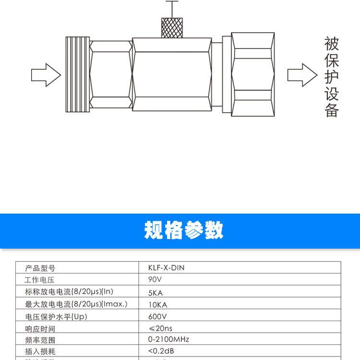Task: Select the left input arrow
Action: tap(46, 75)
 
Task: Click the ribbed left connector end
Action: tap(76, 75)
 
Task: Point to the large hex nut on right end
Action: tap(253, 75)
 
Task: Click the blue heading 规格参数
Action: tap(184, 231)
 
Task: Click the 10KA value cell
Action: tap(157, 304)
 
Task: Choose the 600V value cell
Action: tap(157, 317)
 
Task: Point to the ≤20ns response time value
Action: tap(160, 328)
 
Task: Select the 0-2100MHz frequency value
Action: tap(169, 339)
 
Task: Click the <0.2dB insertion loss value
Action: tap(161, 351)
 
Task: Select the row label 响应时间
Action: tap(40, 329)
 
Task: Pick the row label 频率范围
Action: tap(40, 340)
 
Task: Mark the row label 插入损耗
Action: tap(40, 351)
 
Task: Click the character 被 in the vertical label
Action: tap(332, 44)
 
